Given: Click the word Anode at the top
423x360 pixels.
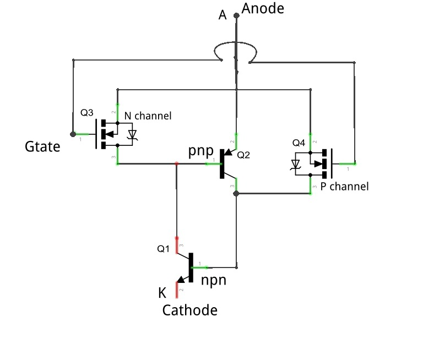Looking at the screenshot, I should click(263, 8).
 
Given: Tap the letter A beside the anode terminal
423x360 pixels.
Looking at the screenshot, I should click(223, 15).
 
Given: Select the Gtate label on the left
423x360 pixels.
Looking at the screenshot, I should click(42, 146).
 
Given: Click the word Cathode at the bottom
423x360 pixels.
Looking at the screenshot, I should click(189, 310).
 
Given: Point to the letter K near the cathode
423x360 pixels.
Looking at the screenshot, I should click(162, 291).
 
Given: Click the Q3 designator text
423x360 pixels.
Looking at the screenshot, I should click(87, 113).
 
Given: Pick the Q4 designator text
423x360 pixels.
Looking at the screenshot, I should click(299, 143).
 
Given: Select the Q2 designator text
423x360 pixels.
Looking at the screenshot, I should click(243, 156).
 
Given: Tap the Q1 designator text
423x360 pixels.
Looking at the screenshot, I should click(164, 249).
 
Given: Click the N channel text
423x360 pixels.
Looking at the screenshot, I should click(148, 116).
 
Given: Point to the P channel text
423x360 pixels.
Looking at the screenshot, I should click(344, 187).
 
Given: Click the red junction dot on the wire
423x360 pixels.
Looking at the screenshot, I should click(176, 163).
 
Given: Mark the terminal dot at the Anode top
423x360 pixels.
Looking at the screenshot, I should click(236, 16).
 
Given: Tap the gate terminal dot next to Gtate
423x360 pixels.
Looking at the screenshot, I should click(73, 134).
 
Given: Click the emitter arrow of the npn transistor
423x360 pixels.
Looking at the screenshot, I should click(181, 279).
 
